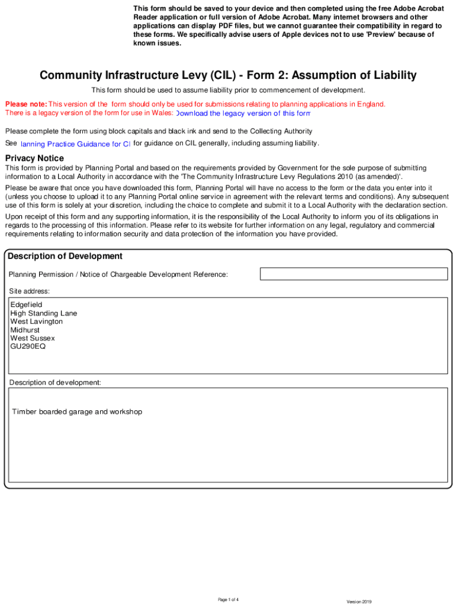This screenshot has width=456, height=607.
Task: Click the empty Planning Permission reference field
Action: click(354, 274)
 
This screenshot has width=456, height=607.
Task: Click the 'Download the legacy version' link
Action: click(243, 113)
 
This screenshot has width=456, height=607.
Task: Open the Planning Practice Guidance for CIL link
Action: click(75, 144)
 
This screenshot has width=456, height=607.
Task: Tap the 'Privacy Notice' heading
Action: click(34, 158)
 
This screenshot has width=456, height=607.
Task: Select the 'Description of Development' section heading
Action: click(65, 256)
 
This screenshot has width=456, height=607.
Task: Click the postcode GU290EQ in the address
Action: click(28, 346)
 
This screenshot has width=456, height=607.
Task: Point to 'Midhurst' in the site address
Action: click(25, 330)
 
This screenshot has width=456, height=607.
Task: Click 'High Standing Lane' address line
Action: click(44, 313)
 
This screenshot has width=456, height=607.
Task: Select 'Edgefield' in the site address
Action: click(27, 305)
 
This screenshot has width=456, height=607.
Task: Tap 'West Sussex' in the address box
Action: click(33, 338)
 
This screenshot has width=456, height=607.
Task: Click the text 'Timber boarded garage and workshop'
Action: click(78, 411)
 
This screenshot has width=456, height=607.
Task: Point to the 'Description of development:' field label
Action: click(55, 382)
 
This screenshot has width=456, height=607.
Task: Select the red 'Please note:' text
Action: click(26, 104)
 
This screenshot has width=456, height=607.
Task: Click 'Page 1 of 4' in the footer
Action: click(228, 600)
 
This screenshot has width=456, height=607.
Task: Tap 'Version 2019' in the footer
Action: click(359, 602)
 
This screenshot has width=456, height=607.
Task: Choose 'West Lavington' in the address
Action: click(37, 321)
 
